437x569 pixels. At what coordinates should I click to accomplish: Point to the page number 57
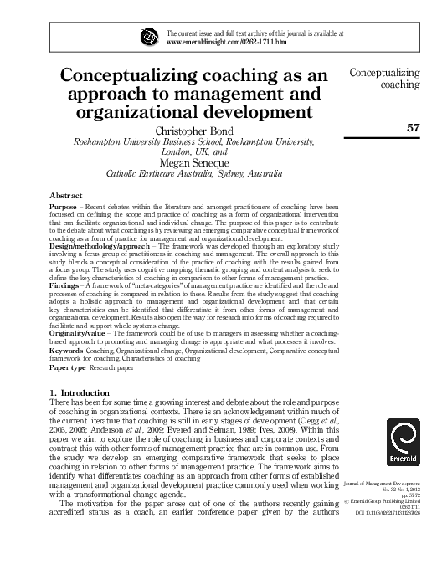[x=412, y=128]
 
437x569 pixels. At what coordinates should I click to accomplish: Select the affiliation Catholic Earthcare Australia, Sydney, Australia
[x=193, y=174]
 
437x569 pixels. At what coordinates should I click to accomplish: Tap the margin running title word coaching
[x=398, y=85]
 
